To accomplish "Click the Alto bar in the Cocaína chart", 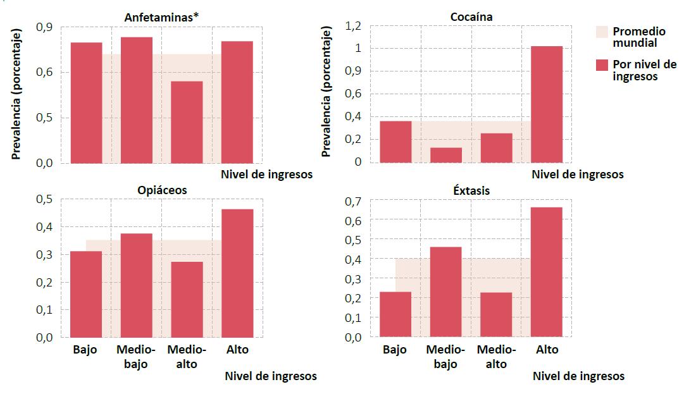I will point(547,104).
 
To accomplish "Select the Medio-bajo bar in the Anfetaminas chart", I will point(137,100).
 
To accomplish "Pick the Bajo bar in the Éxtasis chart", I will point(395,314).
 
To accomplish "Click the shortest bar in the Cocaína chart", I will point(446,155).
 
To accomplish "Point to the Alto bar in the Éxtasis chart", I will point(547,272).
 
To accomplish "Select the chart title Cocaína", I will point(471,17).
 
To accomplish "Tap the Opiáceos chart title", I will point(162,190).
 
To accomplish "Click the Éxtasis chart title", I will point(471,190).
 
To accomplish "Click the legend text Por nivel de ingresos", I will point(636,70).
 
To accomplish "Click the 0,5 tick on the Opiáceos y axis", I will point(44,199).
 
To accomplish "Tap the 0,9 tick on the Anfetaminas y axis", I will point(44,27).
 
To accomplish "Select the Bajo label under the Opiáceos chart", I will point(85,350).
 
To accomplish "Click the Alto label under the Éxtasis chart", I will point(547,350).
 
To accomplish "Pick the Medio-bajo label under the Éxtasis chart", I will point(445,357).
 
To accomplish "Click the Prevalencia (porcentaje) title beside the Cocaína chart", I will point(326,92).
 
